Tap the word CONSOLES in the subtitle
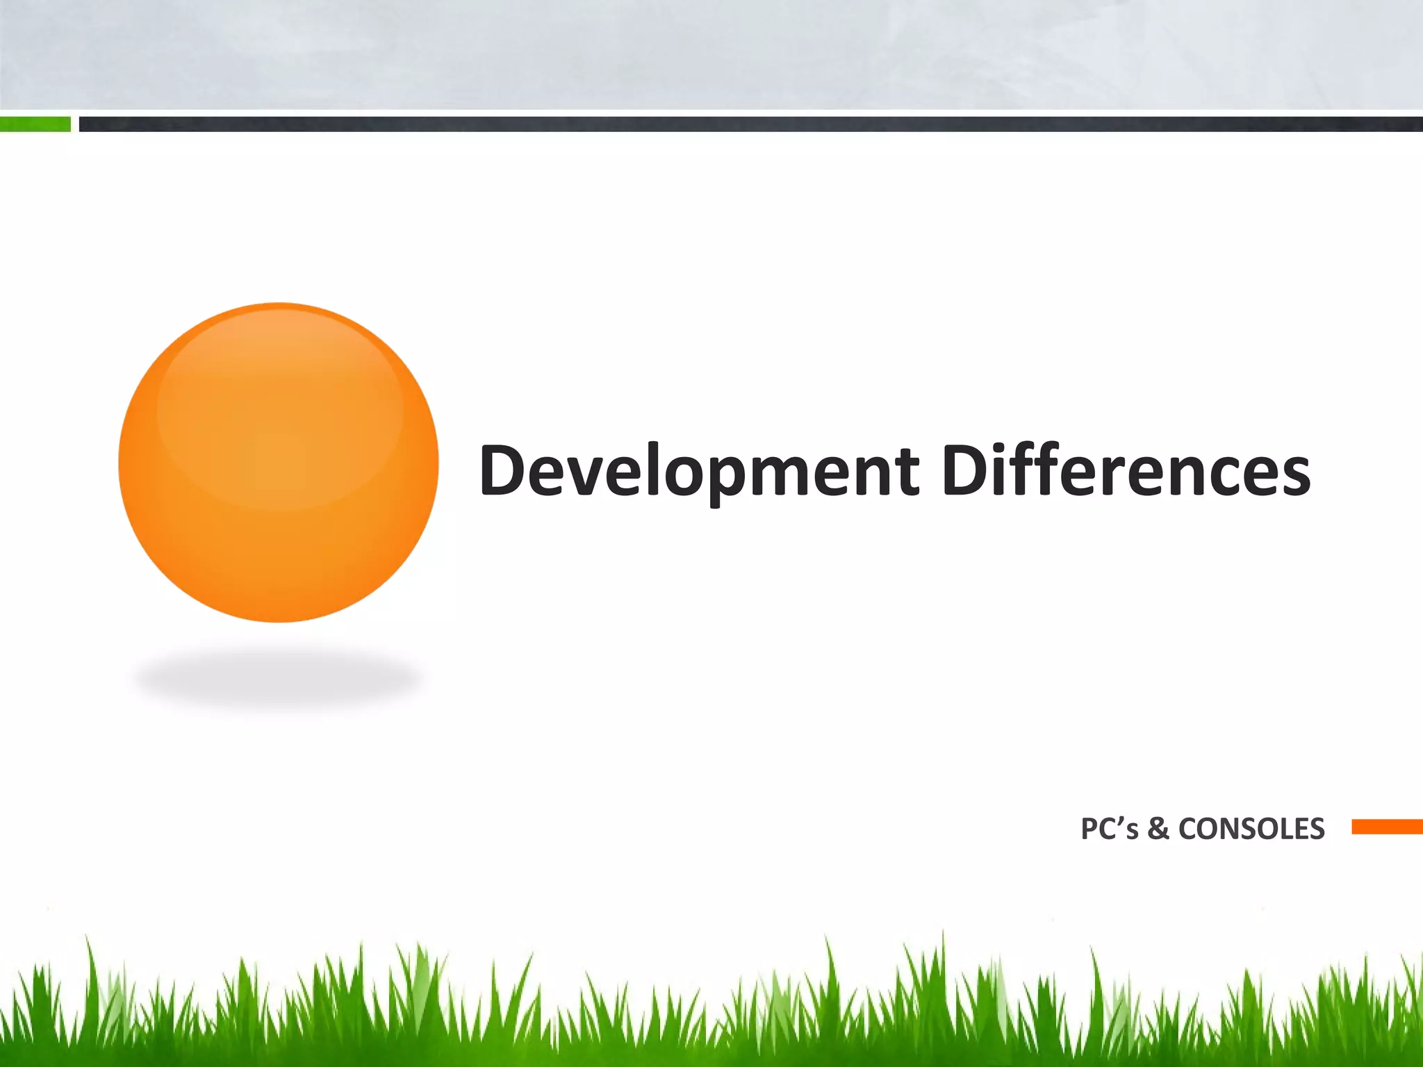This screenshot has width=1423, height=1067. click(x=1251, y=829)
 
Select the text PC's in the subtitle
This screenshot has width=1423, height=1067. click(x=1109, y=829)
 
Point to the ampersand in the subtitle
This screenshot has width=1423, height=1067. click(x=1158, y=829)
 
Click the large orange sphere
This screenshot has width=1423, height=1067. click(x=278, y=462)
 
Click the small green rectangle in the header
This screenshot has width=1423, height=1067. click(x=35, y=124)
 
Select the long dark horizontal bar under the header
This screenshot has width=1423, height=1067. click(x=750, y=124)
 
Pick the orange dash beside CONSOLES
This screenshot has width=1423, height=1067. click(x=1387, y=827)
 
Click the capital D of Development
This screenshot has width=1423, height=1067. click(x=503, y=471)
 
